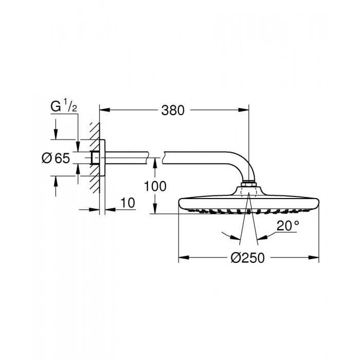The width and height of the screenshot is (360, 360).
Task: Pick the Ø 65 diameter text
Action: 55,158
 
